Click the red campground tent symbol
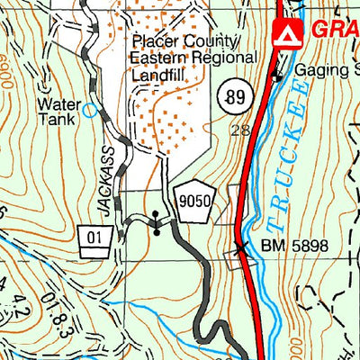point(285,34)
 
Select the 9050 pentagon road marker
point(193,204)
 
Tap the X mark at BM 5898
point(240,246)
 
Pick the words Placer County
point(185,41)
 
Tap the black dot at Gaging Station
point(277,76)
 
